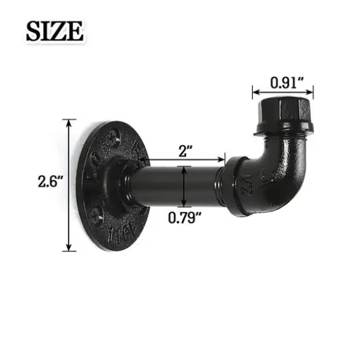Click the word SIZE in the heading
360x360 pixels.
coord(55,30)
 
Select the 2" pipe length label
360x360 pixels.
coord(185,151)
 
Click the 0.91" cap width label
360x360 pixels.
coord(283,82)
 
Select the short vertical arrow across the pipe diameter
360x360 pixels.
coord(186,185)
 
